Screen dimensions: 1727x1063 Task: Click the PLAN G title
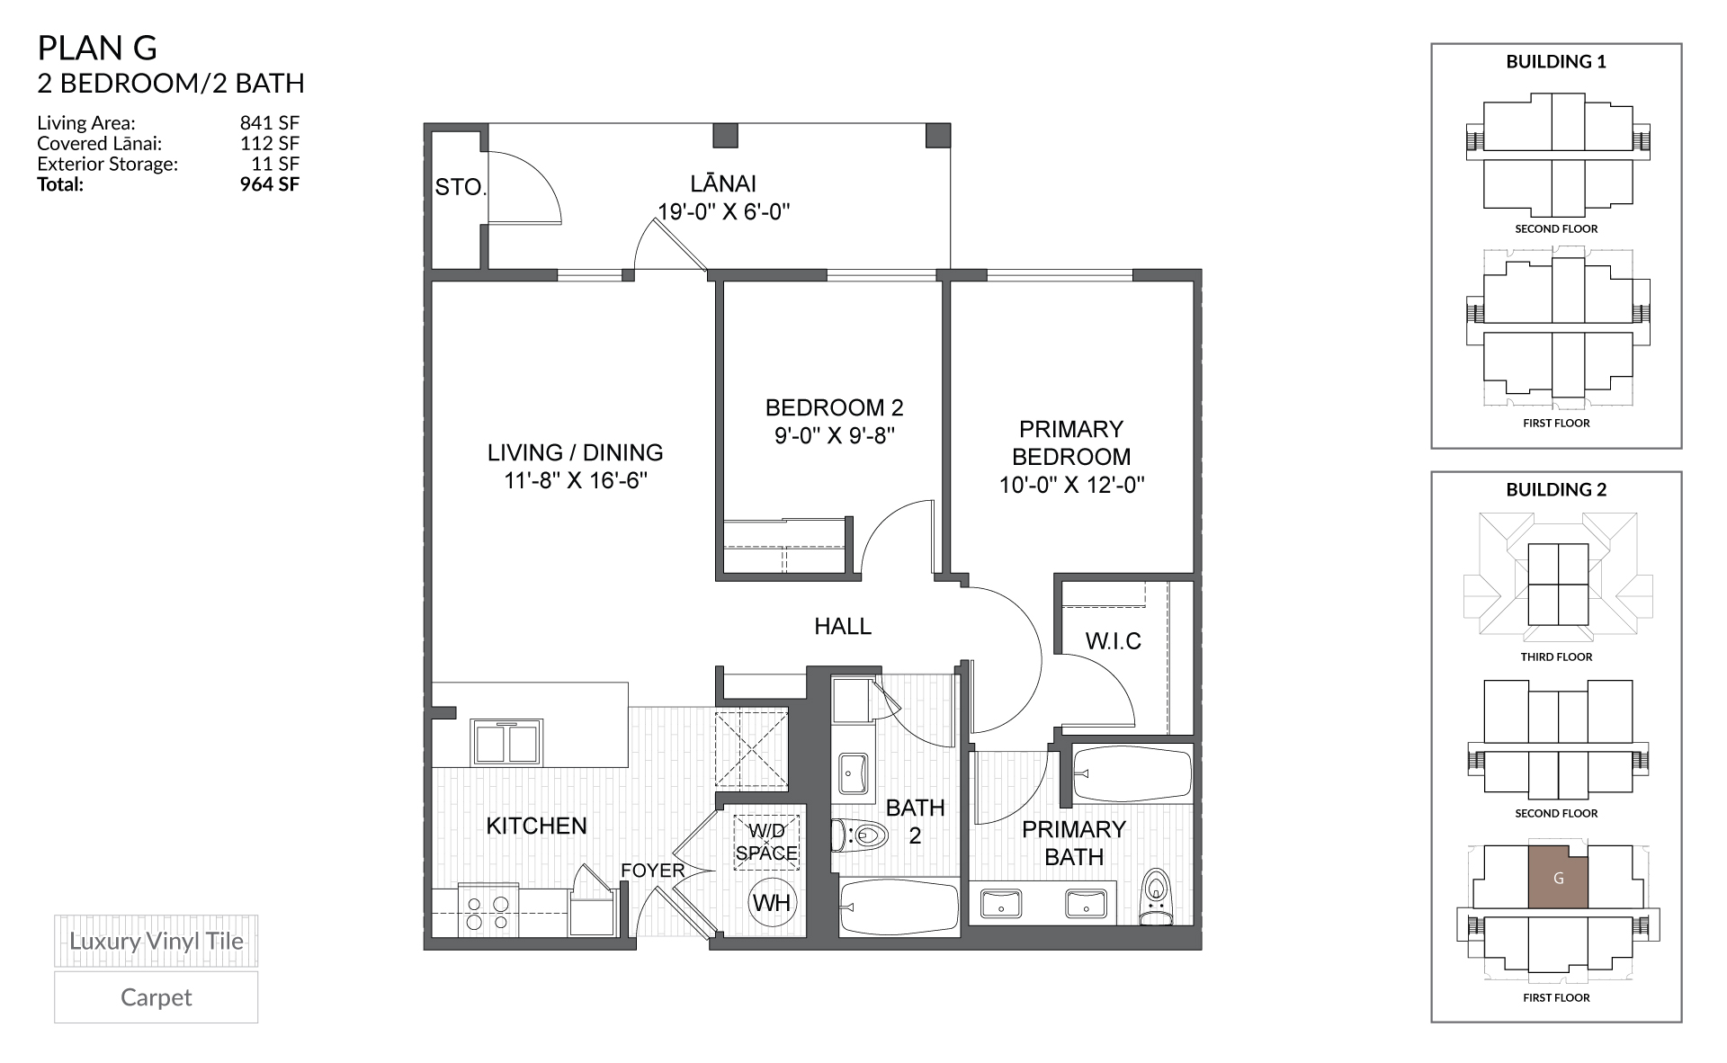(x=97, y=48)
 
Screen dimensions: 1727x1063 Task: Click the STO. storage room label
(x=461, y=187)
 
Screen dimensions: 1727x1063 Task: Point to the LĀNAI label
(x=723, y=184)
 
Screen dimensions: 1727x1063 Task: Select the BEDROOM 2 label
(x=834, y=407)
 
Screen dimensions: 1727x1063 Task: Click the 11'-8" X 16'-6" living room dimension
(x=576, y=481)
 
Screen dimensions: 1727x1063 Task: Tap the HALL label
(x=843, y=626)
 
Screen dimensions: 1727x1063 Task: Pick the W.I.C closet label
(x=1114, y=641)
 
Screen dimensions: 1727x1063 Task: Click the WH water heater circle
(x=772, y=902)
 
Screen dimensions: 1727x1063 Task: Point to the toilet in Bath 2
(x=858, y=836)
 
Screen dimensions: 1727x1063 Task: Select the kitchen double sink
(x=508, y=742)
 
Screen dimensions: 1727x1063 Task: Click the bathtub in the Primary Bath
(x=1132, y=773)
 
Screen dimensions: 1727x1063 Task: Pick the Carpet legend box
(x=156, y=997)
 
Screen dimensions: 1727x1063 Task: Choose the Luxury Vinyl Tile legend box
(x=156, y=942)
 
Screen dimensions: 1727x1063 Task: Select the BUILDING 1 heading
(x=1556, y=62)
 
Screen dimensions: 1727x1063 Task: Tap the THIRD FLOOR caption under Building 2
(x=1556, y=657)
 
